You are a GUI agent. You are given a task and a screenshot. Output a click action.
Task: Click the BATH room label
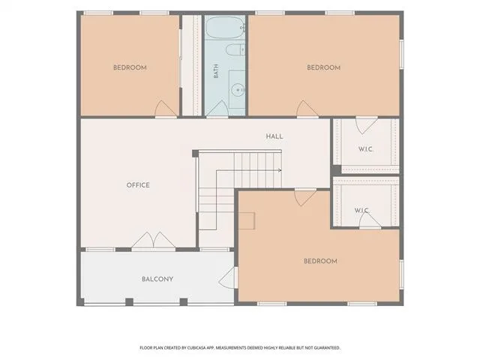pos(216,70)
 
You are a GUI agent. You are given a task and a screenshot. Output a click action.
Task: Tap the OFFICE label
pos(138,185)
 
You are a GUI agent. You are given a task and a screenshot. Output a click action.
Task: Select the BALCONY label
pos(157,279)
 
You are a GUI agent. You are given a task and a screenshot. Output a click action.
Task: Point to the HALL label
pos(274,136)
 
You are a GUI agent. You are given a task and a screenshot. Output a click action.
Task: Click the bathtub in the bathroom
pos(225,28)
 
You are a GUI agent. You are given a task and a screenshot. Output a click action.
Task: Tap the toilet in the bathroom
pos(235,49)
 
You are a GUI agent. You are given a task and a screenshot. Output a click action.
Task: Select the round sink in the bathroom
pos(237,90)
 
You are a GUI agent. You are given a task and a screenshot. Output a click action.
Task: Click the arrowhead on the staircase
pos(280,170)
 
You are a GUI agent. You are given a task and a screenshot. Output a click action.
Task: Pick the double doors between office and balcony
pos(153,240)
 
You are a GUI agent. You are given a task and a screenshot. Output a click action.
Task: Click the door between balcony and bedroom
pos(228,277)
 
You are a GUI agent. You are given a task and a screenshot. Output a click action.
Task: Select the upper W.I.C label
pos(365,149)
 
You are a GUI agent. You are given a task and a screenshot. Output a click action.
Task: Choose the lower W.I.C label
pos(361,211)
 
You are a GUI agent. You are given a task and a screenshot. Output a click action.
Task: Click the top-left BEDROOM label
pos(130,67)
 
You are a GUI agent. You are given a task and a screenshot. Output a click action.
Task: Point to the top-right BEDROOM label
pos(323,67)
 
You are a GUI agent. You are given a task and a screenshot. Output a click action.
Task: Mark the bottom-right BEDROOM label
pos(320,261)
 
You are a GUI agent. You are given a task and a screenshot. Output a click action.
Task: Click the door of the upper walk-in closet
pos(367,125)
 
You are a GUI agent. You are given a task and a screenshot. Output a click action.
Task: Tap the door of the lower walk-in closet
pos(370,220)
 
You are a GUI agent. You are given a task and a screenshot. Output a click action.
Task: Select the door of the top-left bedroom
pos(166,109)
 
